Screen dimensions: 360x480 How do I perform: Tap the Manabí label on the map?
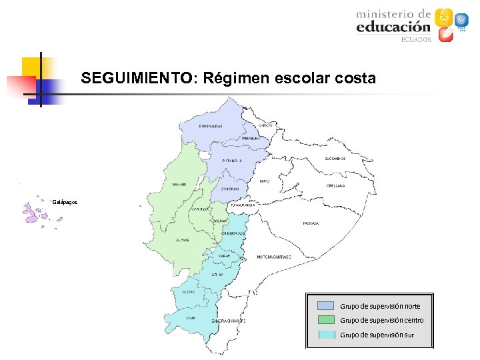(x=179, y=185)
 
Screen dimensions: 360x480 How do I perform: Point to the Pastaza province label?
(x=310, y=223)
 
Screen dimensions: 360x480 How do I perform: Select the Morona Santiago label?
(x=274, y=257)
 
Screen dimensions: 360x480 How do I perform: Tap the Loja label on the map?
(x=191, y=317)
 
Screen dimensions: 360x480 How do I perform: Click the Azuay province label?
(x=217, y=275)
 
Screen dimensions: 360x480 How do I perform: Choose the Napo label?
(x=265, y=181)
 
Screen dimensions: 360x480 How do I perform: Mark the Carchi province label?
(x=265, y=125)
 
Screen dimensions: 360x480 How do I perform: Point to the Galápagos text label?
(x=65, y=201)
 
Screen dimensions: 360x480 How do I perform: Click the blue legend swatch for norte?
(x=325, y=305)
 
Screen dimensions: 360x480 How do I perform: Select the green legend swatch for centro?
(x=325, y=319)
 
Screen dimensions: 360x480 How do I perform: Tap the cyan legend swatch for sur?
(x=325, y=334)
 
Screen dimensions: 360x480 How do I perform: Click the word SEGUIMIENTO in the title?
(x=135, y=79)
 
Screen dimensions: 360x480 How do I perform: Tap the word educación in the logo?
(x=393, y=27)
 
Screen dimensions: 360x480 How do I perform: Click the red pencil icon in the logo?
(x=445, y=35)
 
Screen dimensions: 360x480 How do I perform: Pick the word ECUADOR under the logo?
(x=416, y=39)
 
